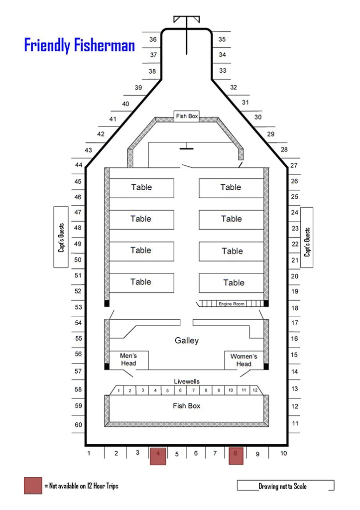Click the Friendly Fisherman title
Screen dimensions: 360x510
point(80,45)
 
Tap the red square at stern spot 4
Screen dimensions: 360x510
point(158,456)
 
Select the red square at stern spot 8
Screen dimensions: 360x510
point(236,456)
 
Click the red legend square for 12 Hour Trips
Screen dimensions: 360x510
point(33,486)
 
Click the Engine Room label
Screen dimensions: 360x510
point(231,304)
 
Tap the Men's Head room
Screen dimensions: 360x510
point(129,360)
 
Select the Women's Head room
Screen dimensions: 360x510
point(243,360)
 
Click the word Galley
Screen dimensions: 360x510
point(187,341)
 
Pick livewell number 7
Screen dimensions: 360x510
point(193,390)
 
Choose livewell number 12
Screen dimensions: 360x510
point(255,390)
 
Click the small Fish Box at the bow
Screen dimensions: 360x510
point(187,116)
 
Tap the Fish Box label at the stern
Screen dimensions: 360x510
point(187,405)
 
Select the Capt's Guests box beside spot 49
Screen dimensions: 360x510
point(61,237)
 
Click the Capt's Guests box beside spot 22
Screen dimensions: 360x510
point(307,238)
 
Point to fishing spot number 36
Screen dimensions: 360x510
point(153,39)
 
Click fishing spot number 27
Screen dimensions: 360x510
point(294,165)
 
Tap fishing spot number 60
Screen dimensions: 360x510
point(78,424)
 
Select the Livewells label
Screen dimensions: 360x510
point(187,381)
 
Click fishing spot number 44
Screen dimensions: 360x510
point(78,165)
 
